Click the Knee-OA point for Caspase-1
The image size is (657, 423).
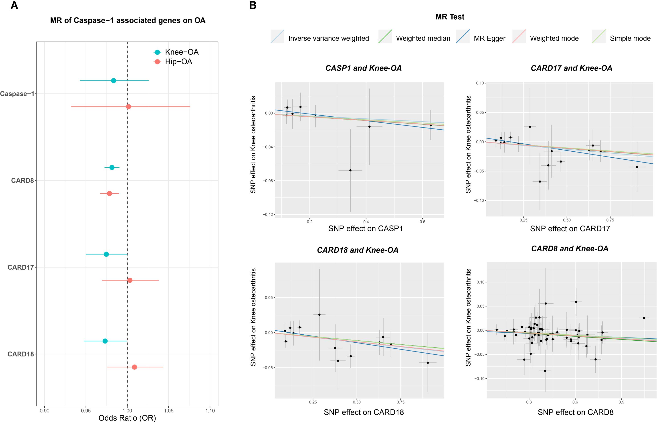(x=113, y=80)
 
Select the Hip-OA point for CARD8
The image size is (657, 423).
(x=109, y=193)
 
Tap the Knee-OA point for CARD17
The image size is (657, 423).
(x=106, y=254)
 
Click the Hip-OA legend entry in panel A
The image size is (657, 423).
(x=178, y=61)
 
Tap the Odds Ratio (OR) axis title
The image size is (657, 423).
(x=127, y=418)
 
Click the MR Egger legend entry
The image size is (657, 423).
(x=489, y=39)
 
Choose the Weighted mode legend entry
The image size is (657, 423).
(x=554, y=39)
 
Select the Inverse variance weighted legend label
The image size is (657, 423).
(x=328, y=39)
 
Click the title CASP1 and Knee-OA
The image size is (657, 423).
(x=363, y=68)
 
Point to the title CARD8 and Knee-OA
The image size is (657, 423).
(x=570, y=249)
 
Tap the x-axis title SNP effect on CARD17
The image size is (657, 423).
(x=570, y=228)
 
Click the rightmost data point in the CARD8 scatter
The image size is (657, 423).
(x=644, y=318)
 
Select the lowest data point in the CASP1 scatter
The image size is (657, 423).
(x=350, y=170)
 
